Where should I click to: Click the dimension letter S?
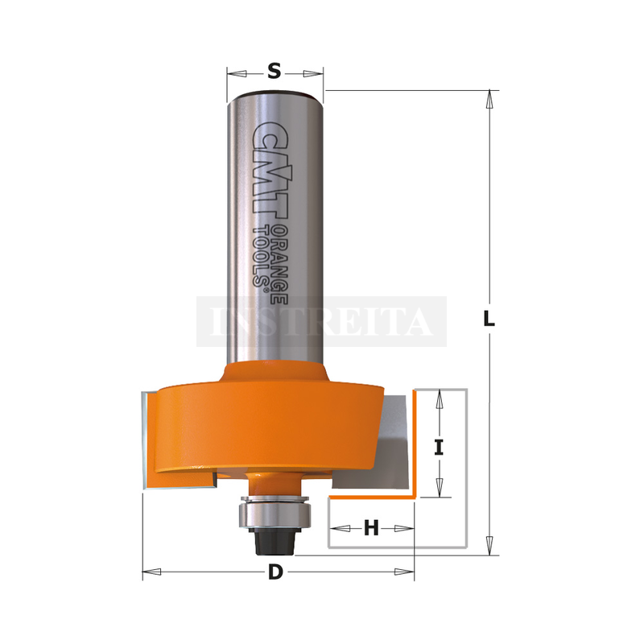click(x=275, y=71)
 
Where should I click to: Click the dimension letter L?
click(x=489, y=318)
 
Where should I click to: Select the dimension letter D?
click(x=275, y=572)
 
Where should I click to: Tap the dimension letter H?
click(x=371, y=528)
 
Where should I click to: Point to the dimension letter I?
click(x=439, y=448)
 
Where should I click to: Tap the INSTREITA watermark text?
click(x=321, y=321)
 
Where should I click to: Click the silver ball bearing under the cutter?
click(x=275, y=514)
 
